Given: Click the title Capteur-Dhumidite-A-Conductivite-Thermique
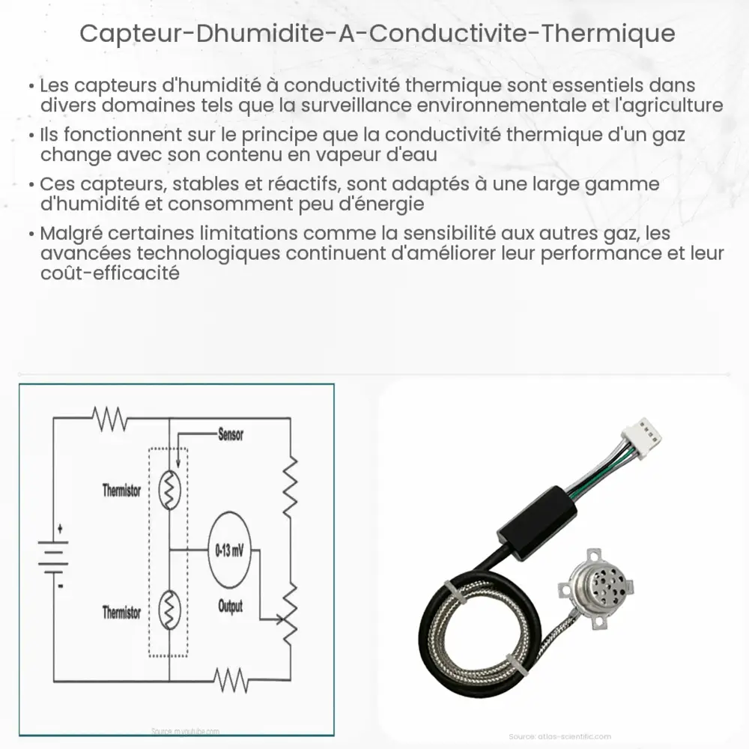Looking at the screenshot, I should click(377, 34).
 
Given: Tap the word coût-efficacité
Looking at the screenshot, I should click(111, 273).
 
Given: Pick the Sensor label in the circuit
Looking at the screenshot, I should click(230, 434).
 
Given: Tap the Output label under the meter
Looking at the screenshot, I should click(230, 605).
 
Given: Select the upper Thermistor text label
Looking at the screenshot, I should click(121, 491).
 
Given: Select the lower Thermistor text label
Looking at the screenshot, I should click(121, 612).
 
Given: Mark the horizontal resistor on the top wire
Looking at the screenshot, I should click(111, 420).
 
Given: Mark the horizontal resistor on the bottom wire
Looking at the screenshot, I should click(231, 680).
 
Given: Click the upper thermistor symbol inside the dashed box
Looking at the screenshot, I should click(170, 491).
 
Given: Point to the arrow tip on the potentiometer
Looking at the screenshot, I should click(282, 619).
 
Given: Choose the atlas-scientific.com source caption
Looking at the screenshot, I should click(560, 736).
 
